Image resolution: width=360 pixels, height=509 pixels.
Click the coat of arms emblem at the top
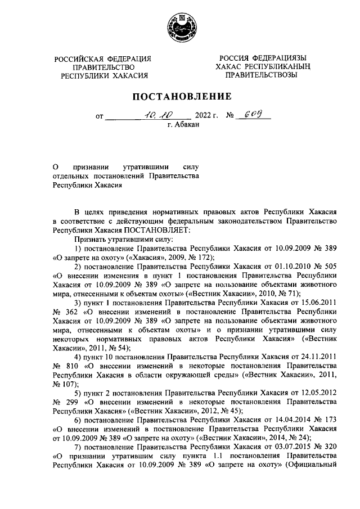[x=181, y=26]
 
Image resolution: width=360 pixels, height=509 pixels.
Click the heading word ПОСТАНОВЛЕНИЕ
[x=181, y=96]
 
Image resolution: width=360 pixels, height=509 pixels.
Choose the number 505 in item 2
[x=330, y=267]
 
